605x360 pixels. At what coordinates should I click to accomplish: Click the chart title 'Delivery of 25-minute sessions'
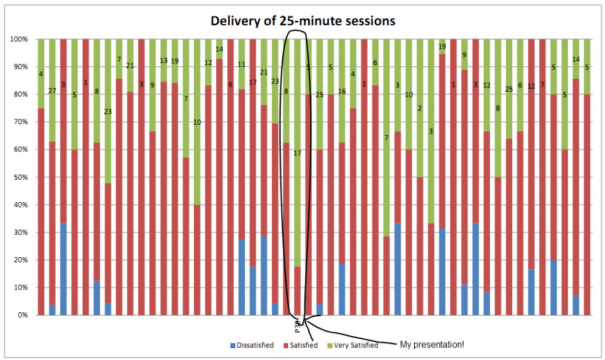(303, 21)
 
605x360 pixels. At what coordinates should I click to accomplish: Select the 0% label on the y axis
(22, 316)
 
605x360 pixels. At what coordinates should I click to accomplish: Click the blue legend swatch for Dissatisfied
(232, 345)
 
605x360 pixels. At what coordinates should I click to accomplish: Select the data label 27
(53, 90)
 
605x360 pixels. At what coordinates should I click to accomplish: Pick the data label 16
(341, 91)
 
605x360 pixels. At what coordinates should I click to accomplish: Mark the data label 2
(419, 108)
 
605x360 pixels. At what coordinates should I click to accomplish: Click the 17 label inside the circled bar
(297, 153)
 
